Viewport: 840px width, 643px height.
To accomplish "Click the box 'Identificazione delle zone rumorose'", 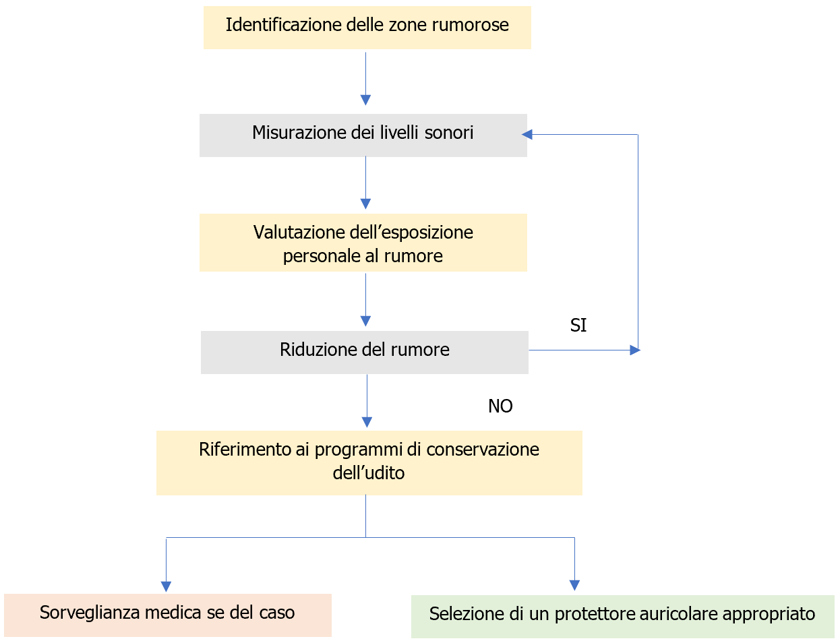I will (x=367, y=28).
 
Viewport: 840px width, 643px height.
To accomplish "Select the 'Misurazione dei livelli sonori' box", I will (x=363, y=135).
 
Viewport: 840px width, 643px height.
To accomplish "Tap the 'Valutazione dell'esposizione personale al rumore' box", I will (x=363, y=243).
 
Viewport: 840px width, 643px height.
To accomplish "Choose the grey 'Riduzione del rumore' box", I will (x=364, y=352).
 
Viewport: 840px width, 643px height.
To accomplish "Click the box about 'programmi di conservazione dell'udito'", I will (x=369, y=462).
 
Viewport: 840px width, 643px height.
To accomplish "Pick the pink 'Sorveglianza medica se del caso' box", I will (x=167, y=615).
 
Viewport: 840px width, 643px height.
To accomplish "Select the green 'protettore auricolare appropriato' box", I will (x=622, y=616).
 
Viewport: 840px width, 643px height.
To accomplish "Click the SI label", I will (x=578, y=326).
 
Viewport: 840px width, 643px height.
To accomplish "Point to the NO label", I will (x=500, y=406).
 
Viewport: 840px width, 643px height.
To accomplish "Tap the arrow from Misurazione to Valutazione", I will (x=365, y=183).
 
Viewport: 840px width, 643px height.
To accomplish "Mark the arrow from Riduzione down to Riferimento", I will (x=367, y=400).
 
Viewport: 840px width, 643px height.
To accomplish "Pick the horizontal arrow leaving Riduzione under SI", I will (x=583, y=350).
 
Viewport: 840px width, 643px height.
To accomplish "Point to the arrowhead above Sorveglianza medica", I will (x=166, y=586).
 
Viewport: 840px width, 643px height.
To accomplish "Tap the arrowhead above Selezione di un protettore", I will (x=574, y=584).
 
